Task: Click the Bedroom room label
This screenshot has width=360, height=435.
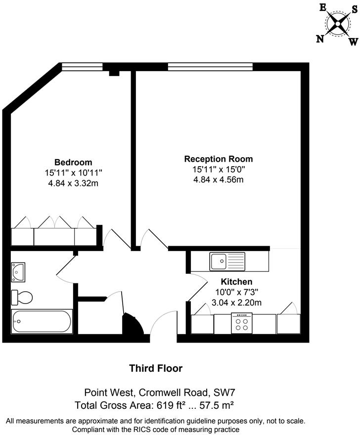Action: click(x=73, y=163)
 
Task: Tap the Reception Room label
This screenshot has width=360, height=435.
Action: click(x=218, y=159)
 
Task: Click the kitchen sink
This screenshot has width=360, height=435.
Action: click(x=227, y=261)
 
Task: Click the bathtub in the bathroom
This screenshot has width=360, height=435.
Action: click(x=42, y=321)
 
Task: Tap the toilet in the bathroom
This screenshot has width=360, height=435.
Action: click(x=22, y=297)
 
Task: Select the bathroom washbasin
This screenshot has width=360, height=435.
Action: click(x=18, y=270)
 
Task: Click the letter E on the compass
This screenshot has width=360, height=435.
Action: click(x=323, y=7)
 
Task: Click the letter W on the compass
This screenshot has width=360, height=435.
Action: click(x=353, y=42)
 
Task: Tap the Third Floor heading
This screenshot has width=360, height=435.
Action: click(x=156, y=368)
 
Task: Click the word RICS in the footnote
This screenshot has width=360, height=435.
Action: click(x=146, y=430)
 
